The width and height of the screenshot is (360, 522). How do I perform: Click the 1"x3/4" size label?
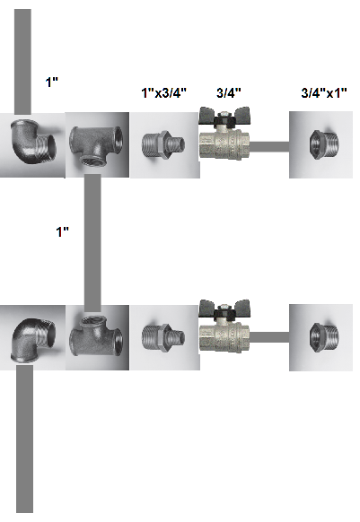pyautogui.click(x=163, y=93)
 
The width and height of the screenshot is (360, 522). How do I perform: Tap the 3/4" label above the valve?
pyautogui.click(x=229, y=93)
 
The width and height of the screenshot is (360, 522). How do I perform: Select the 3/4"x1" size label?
pyautogui.click(x=324, y=93)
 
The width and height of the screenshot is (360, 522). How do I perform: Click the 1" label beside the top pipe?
pyautogui.click(x=52, y=82)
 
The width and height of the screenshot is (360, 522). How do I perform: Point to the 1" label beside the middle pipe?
pyautogui.click(x=62, y=231)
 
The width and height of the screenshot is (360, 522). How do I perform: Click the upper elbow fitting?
pyautogui.click(x=32, y=142)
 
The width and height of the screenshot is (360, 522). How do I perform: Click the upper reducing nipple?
pyautogui.click(x=163, y=144)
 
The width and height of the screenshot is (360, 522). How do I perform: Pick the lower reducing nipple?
pyautogui.click(x=163, y=337)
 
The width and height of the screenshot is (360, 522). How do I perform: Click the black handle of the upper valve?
pyautogui.click(x=225, y=117)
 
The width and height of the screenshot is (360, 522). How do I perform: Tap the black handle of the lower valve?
pyautogui.click(x=225, y=309)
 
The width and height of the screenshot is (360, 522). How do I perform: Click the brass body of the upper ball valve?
pyautogui.click(x=224, y=143)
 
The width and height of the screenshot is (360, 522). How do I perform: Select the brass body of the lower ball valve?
pyautogui.click(x=224, y=335)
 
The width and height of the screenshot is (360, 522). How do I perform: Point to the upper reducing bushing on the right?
pyautogui.click(x=324, y=144)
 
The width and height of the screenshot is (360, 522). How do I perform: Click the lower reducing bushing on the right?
pyautogui.click(x=324, y=337)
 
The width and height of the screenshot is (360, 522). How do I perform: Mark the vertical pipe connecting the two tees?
pyautogui.click(x=92, y=243)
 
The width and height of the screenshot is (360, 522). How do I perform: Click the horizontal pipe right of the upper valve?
pyautogui.click(x=269, y=146)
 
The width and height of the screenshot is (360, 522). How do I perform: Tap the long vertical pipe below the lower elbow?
pyautogui.click(x=24, y=439)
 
